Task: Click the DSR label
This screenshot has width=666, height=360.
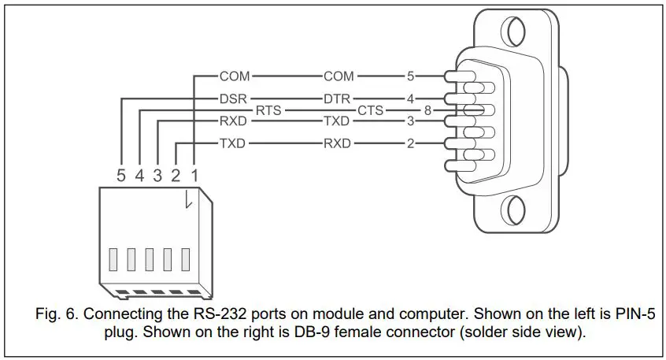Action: pyautogui.click(x=234, y=99)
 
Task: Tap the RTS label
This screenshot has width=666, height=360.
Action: pyautogui.click(x=268, y=111)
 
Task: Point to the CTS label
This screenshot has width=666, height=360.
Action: pyautogui.click(x=371, y=111)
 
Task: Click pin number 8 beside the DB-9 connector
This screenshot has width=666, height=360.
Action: pyautogui.click(x=427, y=111)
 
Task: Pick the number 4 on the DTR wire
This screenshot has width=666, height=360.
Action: pyautogui.click(x=409, y=99)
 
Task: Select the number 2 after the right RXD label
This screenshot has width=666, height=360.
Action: pyautogui.click(x=409, y=144)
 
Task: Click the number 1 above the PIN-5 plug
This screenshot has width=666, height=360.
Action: pyautogui.click(x=194, y=176)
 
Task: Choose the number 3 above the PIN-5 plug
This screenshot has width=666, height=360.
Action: pyautogui.click(x=157, y=176)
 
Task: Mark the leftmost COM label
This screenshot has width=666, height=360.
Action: pyautogui.click(x=234, y=76)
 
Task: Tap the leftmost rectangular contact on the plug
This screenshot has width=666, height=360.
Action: pyautogui.click(x=113, y=259)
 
